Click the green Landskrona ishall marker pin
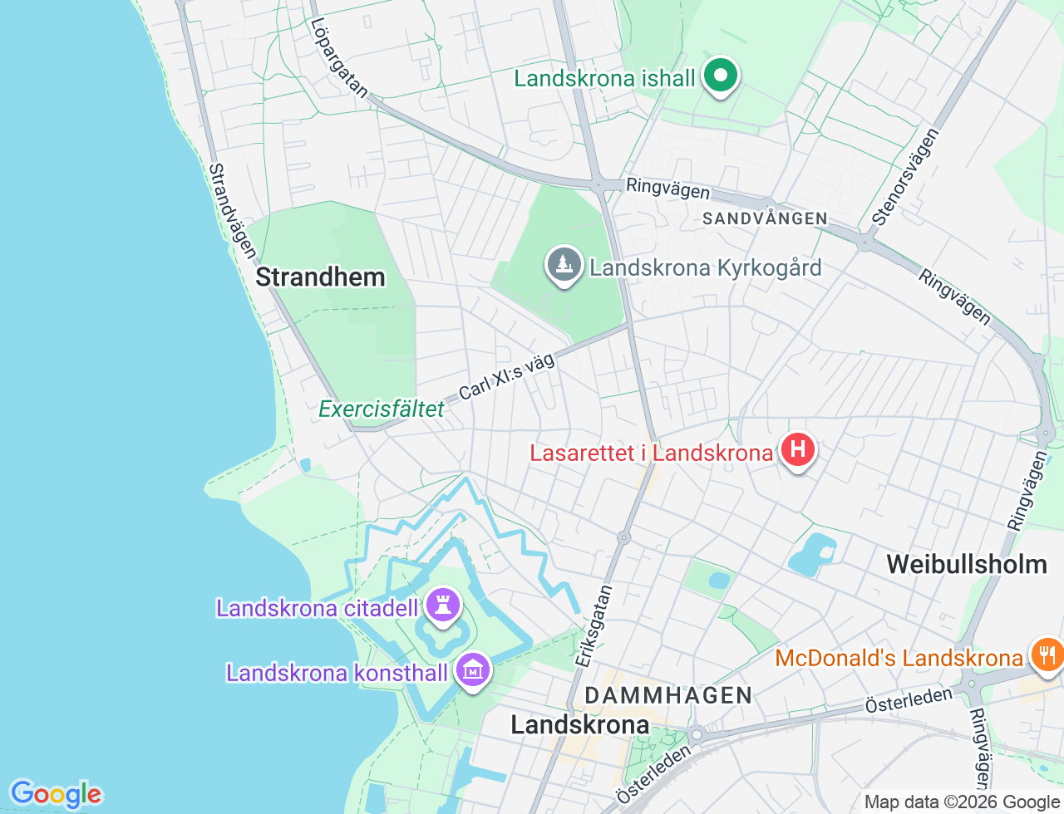click(721, 76)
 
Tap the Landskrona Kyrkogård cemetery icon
click(564, 265)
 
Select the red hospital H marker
click(797, 450)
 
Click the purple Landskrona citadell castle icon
click(443, 605)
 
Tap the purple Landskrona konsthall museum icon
click(473, 669)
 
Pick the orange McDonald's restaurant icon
click(1047, 655)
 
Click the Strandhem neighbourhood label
click(320, 277)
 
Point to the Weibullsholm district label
click(967, 565)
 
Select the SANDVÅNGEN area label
click(765, 219)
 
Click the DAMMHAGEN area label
click(668, 695)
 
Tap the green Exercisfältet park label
click(382, 409)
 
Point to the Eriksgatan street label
click(594, 625)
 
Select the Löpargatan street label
click(338, 58)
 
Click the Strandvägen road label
click(231, 210)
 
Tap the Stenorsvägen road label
click(905, 177)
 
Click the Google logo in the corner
click(56, 794)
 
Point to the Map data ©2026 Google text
click(962, 802)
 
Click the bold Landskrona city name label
click(579, 725)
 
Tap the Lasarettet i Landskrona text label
click(652, 454)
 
